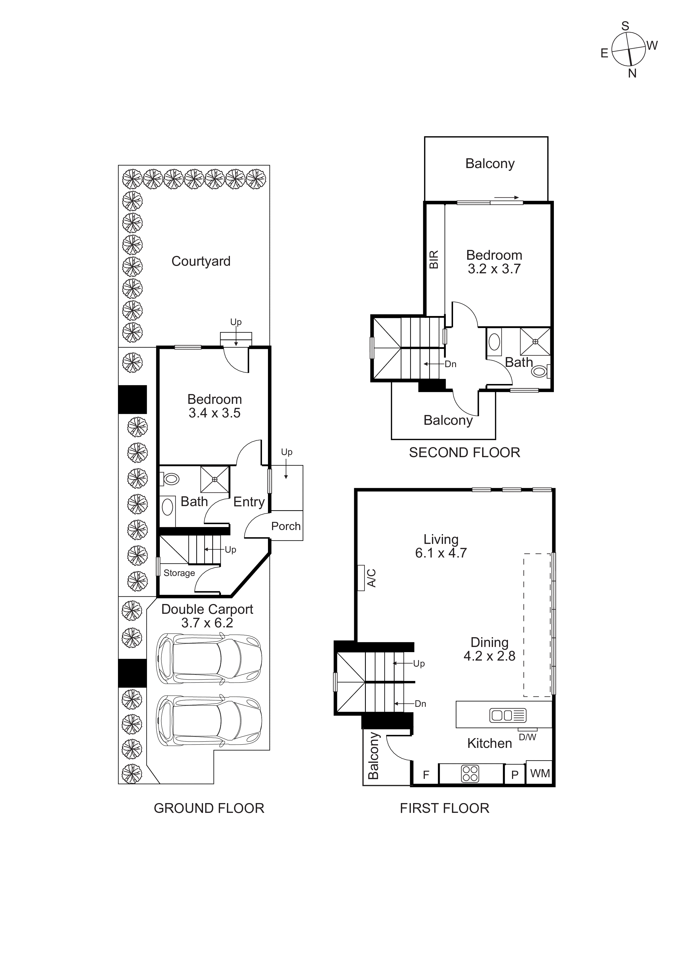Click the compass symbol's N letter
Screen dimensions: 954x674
(x=632, y=73)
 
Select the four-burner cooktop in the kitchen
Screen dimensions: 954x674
(x=470, y=774)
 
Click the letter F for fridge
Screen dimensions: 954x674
(x=426, y=775)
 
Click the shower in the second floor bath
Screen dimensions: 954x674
(x=535, y=342)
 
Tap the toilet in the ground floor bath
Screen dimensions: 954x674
(x=170, y=479)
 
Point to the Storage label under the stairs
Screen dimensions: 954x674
(x=179, y=573)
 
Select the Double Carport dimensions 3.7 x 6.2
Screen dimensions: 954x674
(x=207, y=622)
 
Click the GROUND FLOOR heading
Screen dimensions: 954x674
(x=209, y=808)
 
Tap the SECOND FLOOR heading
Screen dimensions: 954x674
(x=464, y=453)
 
